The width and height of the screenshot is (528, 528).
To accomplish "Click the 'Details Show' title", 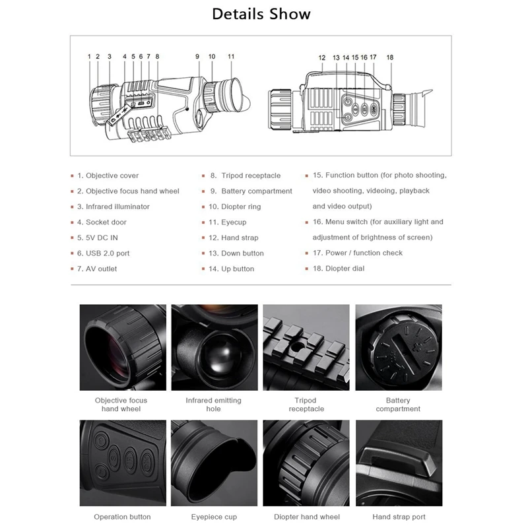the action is tap(261, 14).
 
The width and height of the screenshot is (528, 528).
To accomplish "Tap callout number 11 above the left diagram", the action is tap(231, 57).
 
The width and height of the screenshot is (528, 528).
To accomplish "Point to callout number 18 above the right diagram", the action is tap(390, 57).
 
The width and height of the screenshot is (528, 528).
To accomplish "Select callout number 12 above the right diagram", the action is tap(322, 57).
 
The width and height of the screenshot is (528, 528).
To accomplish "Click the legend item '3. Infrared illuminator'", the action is tap(114, 207).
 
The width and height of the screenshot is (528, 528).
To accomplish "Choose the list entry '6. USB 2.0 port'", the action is tap(104, 253).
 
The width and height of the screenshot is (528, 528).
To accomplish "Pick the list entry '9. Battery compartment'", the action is tap(251, 191).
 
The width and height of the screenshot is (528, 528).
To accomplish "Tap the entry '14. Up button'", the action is tap(232, 269).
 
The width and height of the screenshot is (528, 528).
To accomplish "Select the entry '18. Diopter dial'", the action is tap(339, 269).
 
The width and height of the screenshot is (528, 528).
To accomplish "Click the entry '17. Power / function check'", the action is tap(358, 253).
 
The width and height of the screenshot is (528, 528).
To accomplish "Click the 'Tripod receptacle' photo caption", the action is tap(306, 405).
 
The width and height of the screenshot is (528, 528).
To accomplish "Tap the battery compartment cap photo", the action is tap(399, 348).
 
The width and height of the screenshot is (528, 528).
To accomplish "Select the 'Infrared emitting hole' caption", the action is tap(213, 405).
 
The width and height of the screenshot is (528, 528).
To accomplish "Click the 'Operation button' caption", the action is tap(122, 517).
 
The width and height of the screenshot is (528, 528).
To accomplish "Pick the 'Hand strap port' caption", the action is tap(399, 517).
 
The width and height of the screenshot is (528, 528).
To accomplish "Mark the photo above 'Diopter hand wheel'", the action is tap(306, 463).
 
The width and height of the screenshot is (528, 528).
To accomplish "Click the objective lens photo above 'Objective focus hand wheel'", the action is tap(123, 348).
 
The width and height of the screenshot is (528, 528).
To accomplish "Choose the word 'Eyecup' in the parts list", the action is tap(234, 222).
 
